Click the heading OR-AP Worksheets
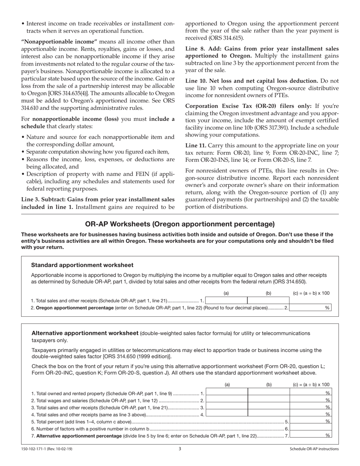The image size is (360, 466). [180, 224]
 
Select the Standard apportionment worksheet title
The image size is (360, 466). [82, 265]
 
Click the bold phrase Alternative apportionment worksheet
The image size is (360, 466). [85, 333]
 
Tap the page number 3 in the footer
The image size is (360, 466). [180, 449]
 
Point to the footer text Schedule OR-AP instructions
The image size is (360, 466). [314, 449]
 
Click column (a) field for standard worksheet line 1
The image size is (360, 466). [226, 300]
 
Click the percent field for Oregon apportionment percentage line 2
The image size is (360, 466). [310, 308]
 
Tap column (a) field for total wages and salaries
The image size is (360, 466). [227, 400]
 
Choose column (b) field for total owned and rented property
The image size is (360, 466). [269, 393]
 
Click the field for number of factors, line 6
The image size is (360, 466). [310, 429]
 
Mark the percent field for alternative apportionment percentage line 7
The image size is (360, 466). [310, 436]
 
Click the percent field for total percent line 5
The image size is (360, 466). [310, 422]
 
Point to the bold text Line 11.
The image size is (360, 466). [196, 145]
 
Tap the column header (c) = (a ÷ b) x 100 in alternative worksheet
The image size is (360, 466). [311, 385]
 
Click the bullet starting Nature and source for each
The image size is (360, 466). [100, 137]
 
